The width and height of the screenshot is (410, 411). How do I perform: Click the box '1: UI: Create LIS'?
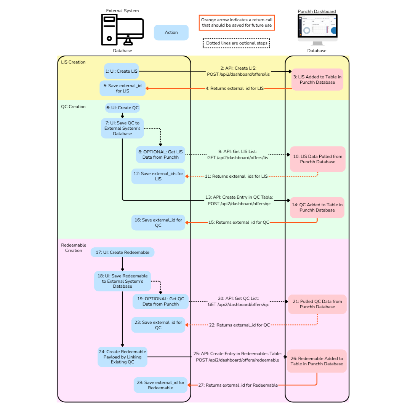pos(121,71)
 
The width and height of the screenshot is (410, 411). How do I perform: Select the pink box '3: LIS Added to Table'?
pos(317,79)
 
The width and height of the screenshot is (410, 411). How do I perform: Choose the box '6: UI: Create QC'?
pos(122,108)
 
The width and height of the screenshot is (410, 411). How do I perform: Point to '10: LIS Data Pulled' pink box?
pos(317,159)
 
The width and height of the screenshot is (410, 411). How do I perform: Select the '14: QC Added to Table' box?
pos(317,207)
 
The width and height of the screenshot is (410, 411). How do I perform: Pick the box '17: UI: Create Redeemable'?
pos(122,252)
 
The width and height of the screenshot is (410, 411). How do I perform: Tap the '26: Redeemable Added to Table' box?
pos(317,361)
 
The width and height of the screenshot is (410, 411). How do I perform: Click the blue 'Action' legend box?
pos(171,32)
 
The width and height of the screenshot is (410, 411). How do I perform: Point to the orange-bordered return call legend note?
pos(237,22)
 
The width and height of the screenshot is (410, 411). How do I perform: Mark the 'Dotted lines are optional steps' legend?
pos(236,43)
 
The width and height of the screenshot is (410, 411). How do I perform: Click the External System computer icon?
pos(122,30)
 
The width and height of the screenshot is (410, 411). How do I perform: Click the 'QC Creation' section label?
pos(74,107)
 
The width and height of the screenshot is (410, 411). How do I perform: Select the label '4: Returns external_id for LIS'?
pos(235,88)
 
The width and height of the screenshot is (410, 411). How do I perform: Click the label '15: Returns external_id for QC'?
pos(239,222)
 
